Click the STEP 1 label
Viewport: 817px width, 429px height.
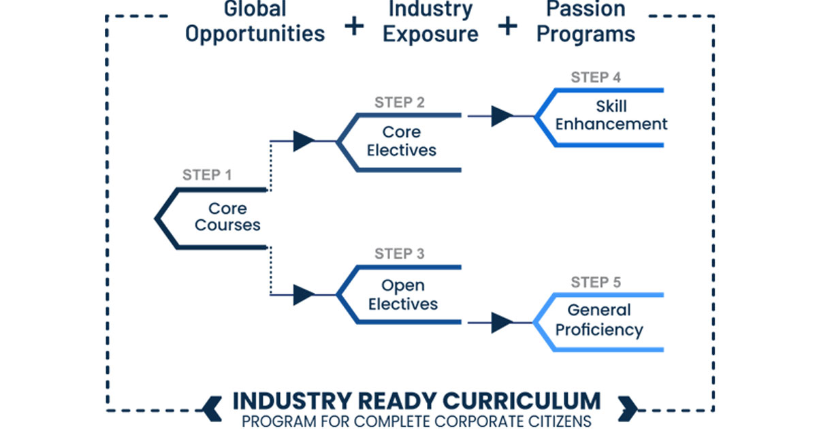click(207, 175)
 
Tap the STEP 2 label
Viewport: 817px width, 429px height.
click(400, 103)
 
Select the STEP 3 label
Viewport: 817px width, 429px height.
click(400, 254)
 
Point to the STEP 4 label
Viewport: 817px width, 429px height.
click(596, 77)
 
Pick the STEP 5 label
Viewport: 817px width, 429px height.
click(596, 282)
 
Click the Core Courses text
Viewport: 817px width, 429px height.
click(227, 217)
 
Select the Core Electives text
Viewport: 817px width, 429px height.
click(402, 141)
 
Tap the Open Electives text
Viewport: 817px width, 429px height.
click(402, 294)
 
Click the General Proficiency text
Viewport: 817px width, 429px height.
click(599, 320)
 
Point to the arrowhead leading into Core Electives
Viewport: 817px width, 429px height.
click(304, 142)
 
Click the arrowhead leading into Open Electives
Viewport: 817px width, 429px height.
click(304, 295)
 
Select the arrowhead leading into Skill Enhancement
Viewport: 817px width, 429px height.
click(502, 116)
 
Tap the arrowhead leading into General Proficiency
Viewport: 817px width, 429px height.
click(502, 322)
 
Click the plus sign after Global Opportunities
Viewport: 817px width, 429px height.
click(354, 27)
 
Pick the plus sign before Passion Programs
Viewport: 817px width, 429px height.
click(507, 27)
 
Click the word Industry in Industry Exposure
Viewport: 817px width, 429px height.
click(430, 10)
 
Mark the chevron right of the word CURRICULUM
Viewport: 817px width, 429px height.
click(627, 407)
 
